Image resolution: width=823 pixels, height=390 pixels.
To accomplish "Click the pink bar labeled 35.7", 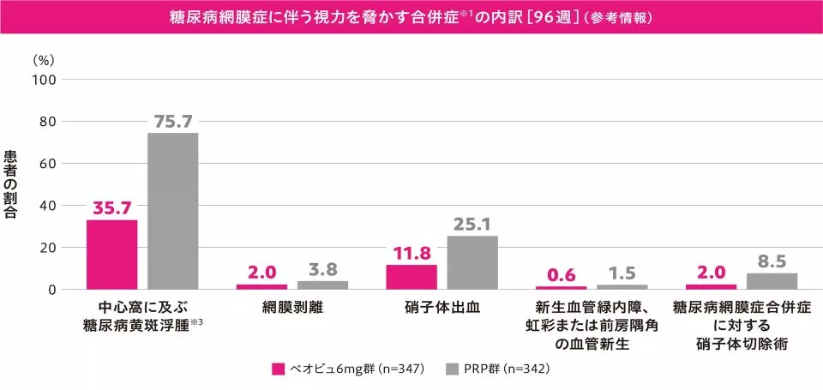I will (111, 255).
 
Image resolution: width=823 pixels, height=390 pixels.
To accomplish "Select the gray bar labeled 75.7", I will (172, 211).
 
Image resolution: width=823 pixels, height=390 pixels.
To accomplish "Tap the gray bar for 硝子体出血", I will (472, 262).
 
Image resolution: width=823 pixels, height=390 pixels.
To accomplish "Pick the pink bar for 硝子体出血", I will (411, 277).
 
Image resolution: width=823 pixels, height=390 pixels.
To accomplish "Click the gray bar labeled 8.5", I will (772, 281).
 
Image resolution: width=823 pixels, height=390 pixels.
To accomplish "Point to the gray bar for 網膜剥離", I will (322, 285).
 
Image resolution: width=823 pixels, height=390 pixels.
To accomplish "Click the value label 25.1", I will (472, 225).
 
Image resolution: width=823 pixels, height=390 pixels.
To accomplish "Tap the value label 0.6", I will (561, 275).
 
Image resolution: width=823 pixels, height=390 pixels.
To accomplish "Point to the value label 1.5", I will (622, 273).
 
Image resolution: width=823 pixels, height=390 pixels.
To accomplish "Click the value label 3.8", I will (322, 270).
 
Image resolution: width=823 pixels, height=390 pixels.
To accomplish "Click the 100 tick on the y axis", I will (44, 80).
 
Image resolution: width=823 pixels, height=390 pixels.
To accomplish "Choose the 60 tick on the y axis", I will (47, 164).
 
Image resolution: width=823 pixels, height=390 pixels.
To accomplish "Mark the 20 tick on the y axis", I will (47, 248).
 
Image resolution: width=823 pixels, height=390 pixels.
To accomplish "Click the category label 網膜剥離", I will (292, 306).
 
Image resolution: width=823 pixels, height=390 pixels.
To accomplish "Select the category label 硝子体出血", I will (442, 306).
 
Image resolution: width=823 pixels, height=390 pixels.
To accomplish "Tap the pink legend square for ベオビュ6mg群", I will (278, 369).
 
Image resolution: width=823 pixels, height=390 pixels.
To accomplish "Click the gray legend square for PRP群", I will (453, 369).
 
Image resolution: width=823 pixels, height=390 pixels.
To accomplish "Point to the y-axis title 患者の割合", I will (11, 184).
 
